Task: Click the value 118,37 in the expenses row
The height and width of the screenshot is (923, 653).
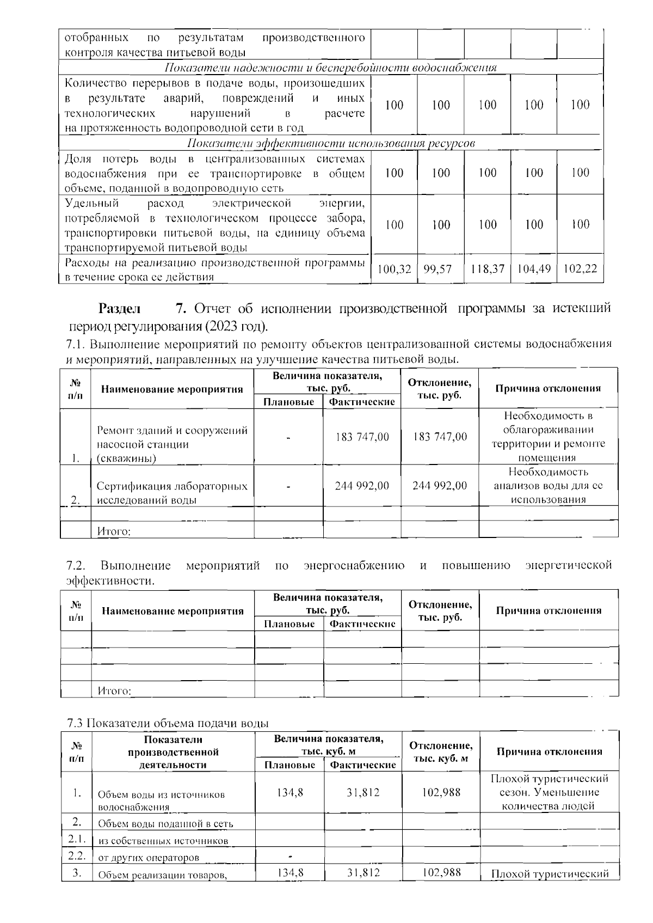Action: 488,268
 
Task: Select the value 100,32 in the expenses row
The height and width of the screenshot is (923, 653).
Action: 393,268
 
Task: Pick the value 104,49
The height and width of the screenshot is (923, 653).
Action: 534,268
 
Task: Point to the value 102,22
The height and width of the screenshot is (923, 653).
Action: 580,268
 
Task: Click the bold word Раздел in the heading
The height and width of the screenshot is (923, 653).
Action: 119,309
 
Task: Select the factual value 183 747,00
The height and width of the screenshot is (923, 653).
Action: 362,437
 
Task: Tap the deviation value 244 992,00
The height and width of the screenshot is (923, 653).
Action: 440,485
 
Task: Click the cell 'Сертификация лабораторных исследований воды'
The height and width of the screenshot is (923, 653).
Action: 171,492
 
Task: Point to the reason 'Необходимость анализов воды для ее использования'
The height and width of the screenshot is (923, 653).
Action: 548,485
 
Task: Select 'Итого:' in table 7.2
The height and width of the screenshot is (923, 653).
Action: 114,691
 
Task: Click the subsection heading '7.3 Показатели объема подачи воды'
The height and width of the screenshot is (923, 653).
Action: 168,723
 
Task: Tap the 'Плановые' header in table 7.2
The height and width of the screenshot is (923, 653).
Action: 289,624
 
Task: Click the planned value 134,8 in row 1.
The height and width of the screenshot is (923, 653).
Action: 289,793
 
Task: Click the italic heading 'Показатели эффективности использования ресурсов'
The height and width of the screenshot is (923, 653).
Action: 330,143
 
